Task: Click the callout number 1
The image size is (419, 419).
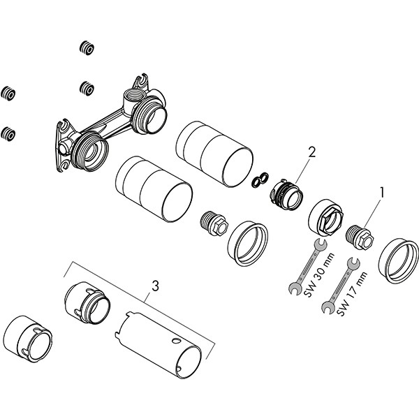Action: coord(382,189)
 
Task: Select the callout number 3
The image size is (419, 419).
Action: coord(155,285)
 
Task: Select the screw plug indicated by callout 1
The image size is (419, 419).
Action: coord(360,235)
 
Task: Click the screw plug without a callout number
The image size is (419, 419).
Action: coord(213,223)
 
